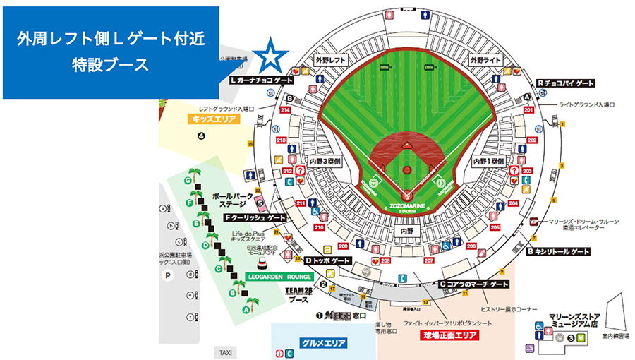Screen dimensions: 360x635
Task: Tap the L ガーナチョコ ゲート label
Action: (x=262, y=80)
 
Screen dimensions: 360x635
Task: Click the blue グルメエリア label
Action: (x=322, y=343)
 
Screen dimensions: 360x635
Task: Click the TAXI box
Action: (x=225, y=352)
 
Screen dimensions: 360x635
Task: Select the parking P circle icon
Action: (x=168, y=276)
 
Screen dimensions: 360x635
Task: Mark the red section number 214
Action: (x=286, y=110)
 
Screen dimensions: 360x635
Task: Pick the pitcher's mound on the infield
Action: (x=406, y=170)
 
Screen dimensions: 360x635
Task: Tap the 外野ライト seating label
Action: (x=486, y=61)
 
